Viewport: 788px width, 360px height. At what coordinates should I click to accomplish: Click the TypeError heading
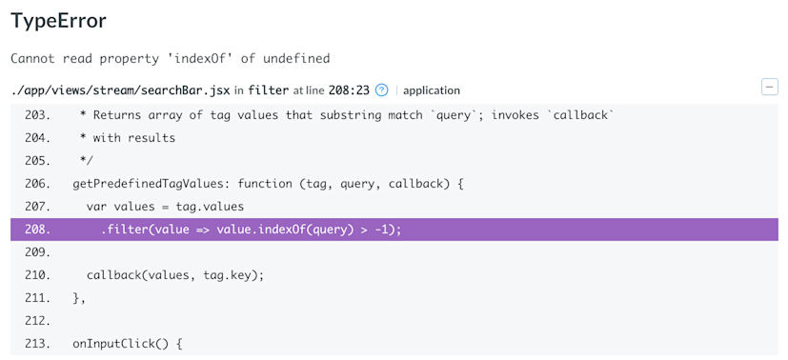click(x=58, y=21)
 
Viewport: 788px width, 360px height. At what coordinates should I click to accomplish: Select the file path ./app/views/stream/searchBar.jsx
click(x=121, y=90)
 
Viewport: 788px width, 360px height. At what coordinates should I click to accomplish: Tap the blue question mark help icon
click(x=382, y=90)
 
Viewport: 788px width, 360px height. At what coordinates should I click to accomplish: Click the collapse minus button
click(x=769, y=88)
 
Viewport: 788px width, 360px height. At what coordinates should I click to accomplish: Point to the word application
click(x=432, y=90)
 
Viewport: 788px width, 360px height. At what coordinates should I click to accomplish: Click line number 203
click(x=37, y=115)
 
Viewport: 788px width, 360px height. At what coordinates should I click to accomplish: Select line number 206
click(x=37, y=184)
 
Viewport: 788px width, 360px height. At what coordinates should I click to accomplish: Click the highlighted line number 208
click(x=37, y=230)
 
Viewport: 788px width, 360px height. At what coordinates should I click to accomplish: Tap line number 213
click(x=37, y=344)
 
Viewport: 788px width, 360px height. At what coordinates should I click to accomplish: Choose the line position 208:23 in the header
click(x=349, y=90)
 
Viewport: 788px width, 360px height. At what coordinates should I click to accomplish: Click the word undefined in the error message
click(x=294, y=59)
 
